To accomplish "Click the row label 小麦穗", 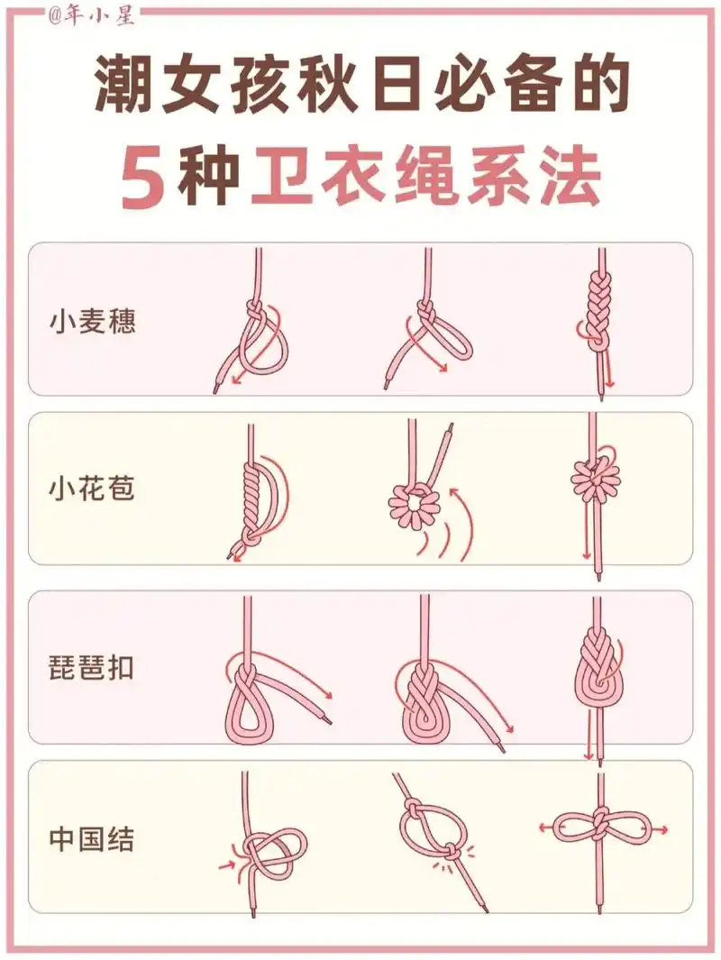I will pos(92,322).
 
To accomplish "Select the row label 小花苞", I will pos(92,490).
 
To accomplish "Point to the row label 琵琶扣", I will pos(92,669).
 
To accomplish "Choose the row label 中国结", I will pos(92,840).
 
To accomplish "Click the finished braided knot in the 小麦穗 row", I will pos(596,311).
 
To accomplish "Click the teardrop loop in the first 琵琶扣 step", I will pos(247,703).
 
